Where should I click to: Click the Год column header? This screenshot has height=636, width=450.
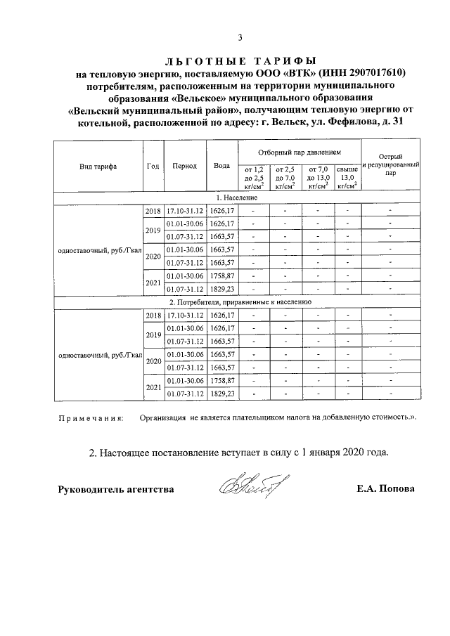click(x=153, y=167)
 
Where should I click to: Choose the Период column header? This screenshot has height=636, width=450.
click(x=184, y=167)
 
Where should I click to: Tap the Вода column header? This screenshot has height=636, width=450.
click(x=222, y=167)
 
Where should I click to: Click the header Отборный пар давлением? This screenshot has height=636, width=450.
click(x=299, y=152)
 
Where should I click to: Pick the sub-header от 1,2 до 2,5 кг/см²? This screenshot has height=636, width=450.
click(x=254, y=178)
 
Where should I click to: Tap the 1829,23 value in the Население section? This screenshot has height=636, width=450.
click(x=222, y=288)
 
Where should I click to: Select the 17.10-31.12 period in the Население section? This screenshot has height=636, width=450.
click(x=184, y=211)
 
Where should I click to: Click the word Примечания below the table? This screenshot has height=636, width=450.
click(x=89, y=418)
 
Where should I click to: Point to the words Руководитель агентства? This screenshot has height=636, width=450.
click(x=115, y=489)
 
